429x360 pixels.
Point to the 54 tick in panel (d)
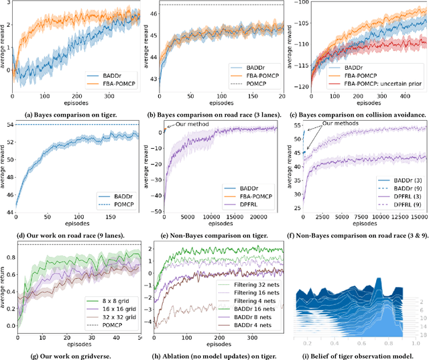point(9,125)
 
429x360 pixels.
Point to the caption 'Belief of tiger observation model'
point(359,355)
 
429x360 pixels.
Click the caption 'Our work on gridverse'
point(73,355)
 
